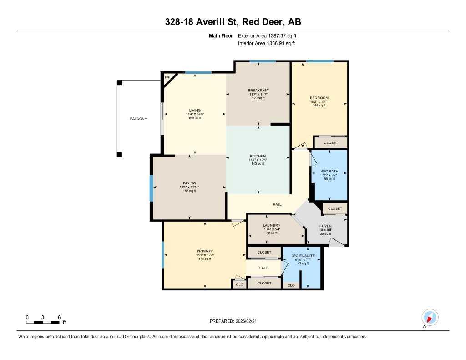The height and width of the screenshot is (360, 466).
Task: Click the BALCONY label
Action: click(138, 119)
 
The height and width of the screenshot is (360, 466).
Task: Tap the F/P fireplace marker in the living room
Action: click(167, 77)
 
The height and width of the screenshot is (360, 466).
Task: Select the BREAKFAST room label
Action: click(258, 91)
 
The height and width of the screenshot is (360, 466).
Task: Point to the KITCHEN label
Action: click(258, 156)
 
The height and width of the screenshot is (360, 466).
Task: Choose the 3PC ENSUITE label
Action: click(303, 256)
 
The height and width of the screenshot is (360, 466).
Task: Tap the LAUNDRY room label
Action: click(271, 225)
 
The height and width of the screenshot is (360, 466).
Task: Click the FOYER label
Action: click(325, 226)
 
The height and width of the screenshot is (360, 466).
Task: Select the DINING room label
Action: click(189, 183)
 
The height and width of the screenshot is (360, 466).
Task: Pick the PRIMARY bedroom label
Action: click(204, 251)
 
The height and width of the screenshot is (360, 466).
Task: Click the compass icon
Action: click(430, 317)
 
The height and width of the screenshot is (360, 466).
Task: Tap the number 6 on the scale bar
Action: click(59, 317)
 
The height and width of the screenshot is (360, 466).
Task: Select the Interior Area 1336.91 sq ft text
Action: click(267, 44)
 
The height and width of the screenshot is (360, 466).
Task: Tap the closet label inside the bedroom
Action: click(331, 142)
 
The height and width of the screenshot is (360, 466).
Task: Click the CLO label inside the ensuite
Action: click(291, 285)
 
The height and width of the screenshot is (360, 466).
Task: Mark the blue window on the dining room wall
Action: click(152, 188)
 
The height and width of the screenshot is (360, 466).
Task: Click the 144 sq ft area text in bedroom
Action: click(319, 106)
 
